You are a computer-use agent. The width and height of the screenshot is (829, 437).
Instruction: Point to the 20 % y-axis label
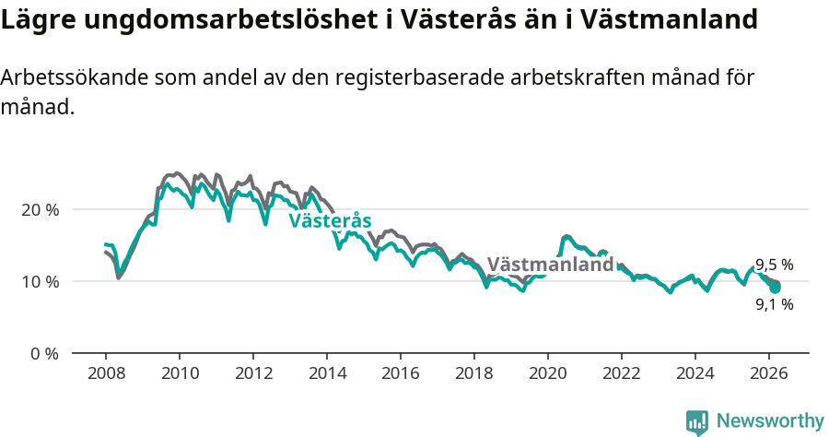click(40, 209)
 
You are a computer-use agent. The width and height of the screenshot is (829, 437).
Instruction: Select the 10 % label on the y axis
click(40, 281)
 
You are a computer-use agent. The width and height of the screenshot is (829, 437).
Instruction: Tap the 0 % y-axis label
click(43, 353)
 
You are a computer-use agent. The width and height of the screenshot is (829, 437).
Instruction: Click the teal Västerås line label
click(330, 221)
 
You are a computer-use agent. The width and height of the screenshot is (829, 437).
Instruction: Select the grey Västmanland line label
click(550, 265)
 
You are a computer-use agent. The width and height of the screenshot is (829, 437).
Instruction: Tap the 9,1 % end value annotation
click(774, 304)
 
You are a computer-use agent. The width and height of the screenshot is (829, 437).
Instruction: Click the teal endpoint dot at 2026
click(776, 288)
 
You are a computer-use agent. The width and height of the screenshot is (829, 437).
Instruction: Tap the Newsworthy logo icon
click(697, 422)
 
